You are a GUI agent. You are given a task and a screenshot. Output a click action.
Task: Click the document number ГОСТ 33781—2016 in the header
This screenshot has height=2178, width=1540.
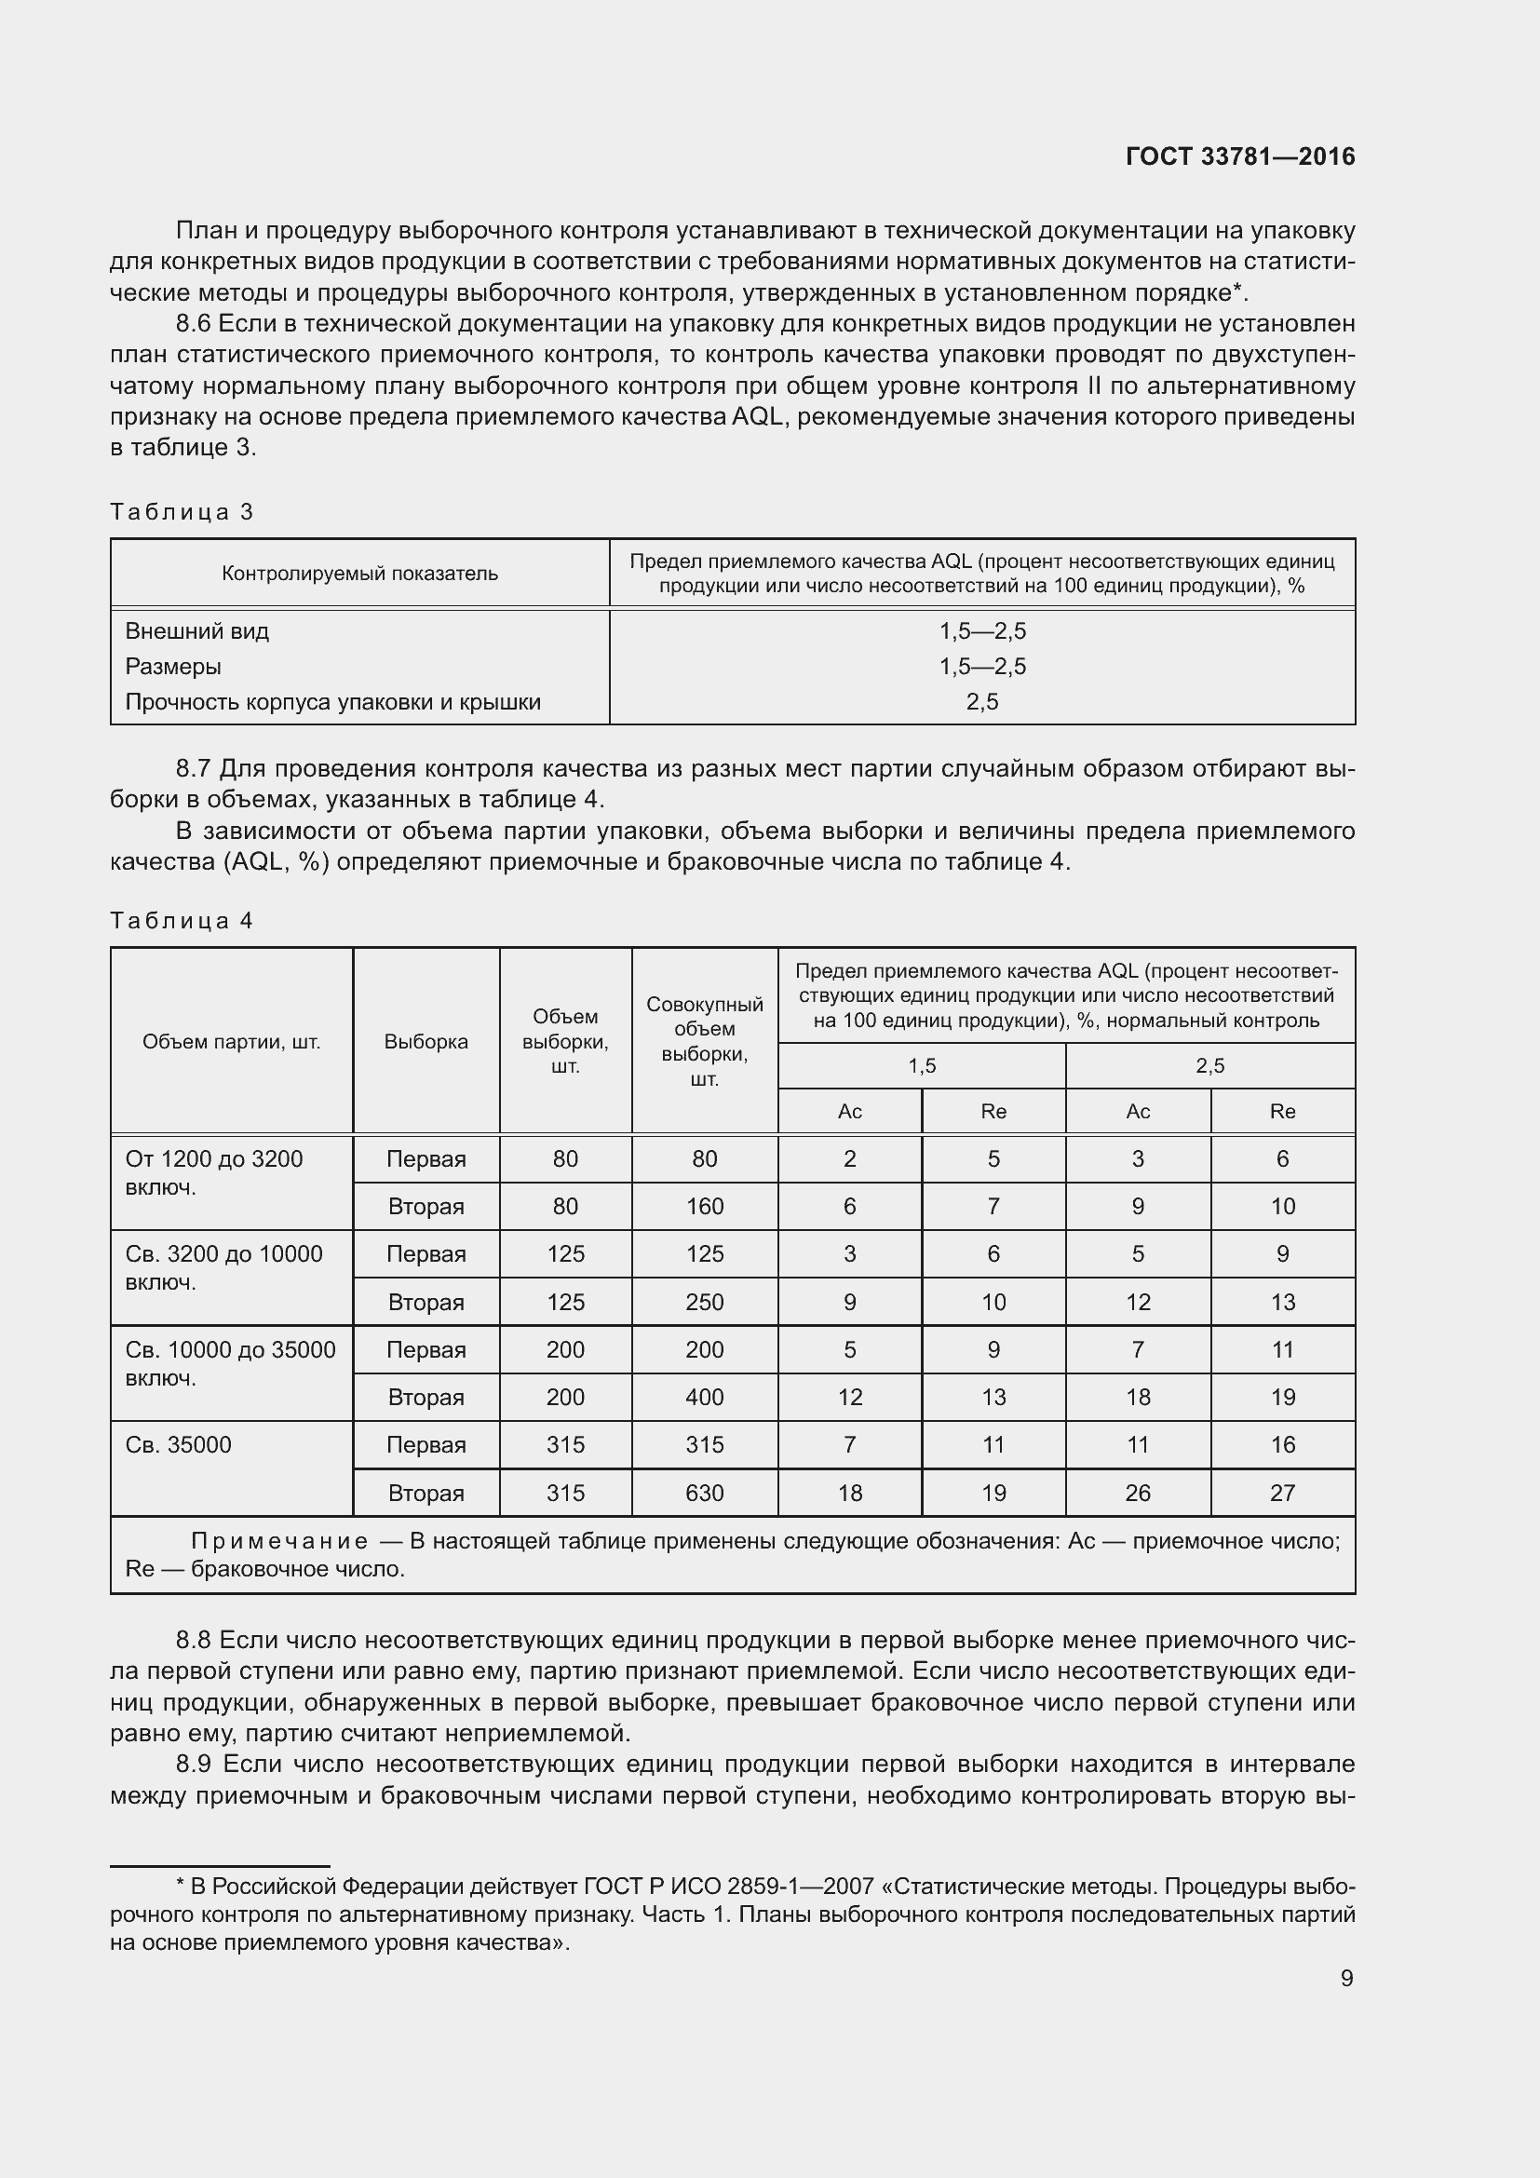tap(1239, 156)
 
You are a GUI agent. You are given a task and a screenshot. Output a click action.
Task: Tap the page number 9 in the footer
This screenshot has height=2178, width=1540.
tap(1346, 1978)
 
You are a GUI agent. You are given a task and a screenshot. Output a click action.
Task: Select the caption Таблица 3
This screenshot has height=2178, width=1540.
tap(182, 512)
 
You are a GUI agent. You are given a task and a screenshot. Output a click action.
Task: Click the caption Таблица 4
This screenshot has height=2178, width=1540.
tap(182, 920)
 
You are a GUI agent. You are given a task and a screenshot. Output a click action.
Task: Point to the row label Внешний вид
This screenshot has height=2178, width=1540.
tap(197, 630)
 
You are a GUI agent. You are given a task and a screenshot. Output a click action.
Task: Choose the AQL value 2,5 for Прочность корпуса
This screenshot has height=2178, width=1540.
tap(982, 702)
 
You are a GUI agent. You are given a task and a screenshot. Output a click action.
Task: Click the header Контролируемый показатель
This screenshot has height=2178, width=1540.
tap(359, 573)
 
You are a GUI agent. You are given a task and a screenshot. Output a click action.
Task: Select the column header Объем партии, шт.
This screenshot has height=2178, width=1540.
tap(232, 1042)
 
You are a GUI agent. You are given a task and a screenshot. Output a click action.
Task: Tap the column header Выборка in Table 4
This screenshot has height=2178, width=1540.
tap(426, 1042)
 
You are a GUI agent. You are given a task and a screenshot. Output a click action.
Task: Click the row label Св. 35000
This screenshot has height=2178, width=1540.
tap(178, 1445)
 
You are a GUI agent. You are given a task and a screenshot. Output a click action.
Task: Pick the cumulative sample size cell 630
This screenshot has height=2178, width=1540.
tap(705, 1493)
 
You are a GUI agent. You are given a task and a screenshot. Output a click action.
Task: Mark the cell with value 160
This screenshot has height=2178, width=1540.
tap(705, 1207)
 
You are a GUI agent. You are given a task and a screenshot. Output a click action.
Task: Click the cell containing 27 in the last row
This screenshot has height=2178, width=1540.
tap(1282, 1493)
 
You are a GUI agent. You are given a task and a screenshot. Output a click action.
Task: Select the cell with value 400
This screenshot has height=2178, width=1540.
tap(705, 1398)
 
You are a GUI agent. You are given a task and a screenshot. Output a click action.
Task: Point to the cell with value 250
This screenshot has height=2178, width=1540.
tap(705, 1303)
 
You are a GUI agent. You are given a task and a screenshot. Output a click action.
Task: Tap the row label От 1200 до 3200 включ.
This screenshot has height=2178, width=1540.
tap(213, 1172)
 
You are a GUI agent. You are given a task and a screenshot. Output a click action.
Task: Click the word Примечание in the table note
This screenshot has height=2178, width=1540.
tap(279, 1541)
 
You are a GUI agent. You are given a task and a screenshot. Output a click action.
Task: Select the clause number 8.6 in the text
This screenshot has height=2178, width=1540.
tap(193, 323)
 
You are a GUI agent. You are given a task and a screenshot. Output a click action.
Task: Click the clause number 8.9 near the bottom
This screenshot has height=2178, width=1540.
tap(193, 1765)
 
